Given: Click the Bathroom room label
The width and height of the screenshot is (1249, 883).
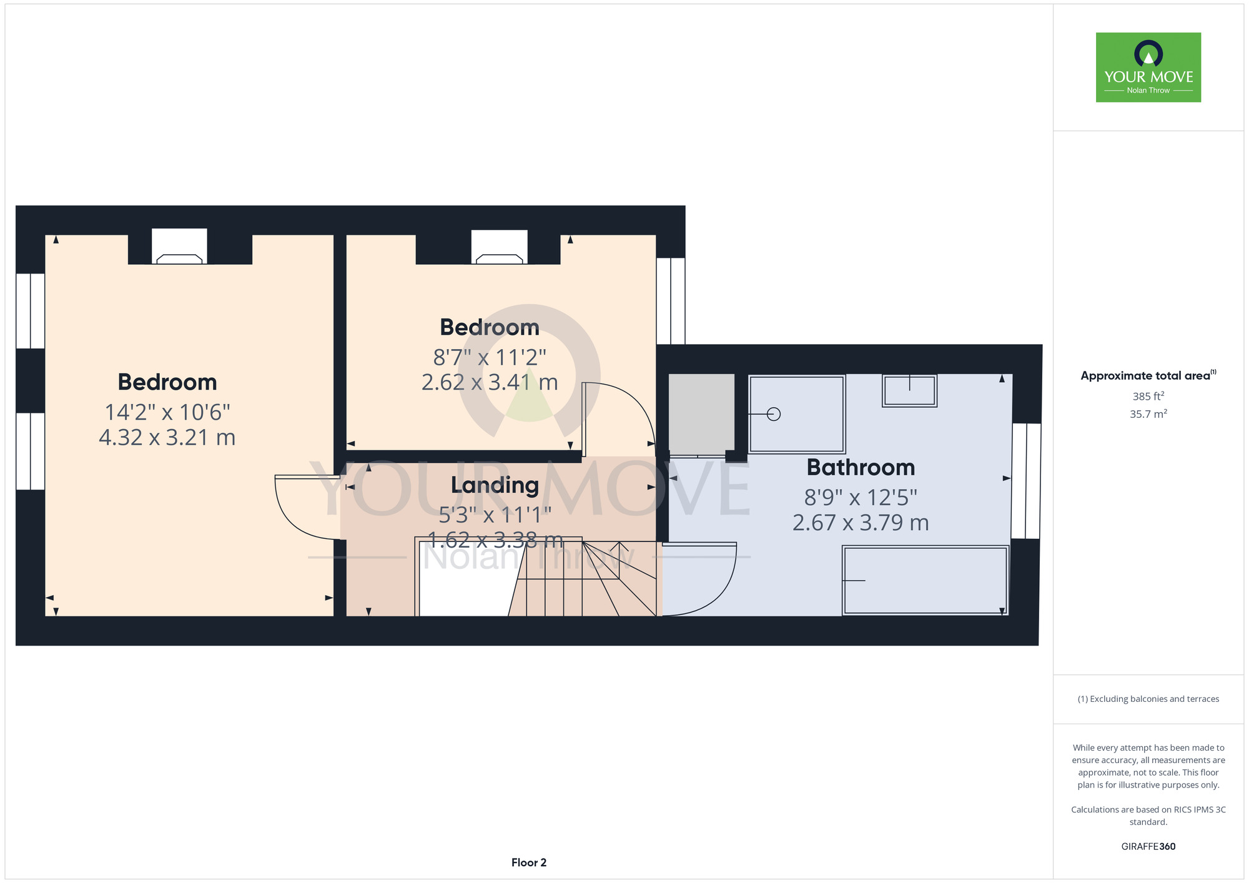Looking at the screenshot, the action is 861,467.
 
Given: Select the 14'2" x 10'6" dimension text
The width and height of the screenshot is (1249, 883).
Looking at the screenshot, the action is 167,412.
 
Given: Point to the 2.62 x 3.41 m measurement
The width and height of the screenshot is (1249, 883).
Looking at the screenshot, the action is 490,382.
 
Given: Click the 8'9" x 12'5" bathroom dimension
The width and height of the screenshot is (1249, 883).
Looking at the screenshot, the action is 861,498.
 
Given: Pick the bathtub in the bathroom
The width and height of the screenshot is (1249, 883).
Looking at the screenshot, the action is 925,580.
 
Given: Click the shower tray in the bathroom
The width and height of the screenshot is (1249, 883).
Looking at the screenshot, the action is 797,414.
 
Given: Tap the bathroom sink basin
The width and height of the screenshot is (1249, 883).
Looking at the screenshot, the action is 909,391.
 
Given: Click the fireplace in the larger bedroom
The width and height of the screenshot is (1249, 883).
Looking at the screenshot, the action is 179,247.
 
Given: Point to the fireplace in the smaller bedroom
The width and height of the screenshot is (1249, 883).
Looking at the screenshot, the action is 499,247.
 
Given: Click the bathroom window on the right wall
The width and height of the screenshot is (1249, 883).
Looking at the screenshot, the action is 1026,481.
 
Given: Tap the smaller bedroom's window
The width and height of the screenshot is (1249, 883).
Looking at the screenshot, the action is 671,301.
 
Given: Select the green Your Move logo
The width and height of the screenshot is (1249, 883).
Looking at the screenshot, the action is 1148,67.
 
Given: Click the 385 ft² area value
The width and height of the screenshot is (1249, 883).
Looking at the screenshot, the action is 1148,396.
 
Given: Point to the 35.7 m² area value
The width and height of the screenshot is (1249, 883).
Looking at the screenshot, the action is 1148,413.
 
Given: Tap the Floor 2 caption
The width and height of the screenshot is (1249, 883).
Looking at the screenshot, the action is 529,862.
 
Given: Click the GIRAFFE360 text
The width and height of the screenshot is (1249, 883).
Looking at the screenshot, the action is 1148,847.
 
